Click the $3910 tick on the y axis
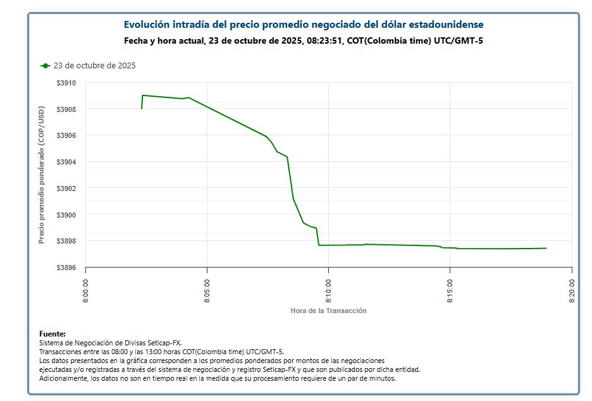[66, 83]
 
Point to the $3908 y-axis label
[66, 109]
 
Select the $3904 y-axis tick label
[66, 162]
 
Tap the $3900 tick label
[66, 215]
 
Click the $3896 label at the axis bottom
[66, 268]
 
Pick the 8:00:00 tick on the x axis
[86, 290]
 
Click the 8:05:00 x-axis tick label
[207, 290]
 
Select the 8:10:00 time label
[329, 290]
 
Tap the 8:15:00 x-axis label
[450, 290]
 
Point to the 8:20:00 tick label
[572, 290]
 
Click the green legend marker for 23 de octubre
[45, 66]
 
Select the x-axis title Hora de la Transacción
[328, 311]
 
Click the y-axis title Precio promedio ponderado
[42, 175]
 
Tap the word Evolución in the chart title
[147, 25]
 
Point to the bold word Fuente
[52, 333]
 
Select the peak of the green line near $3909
[143, 96]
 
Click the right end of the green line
[546, 248]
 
